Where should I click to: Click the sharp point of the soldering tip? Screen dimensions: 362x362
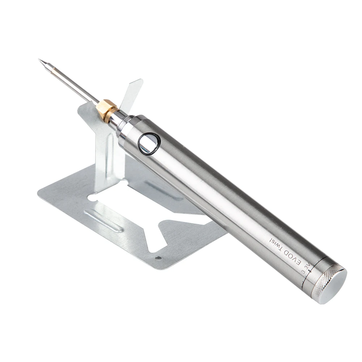(39, 59)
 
